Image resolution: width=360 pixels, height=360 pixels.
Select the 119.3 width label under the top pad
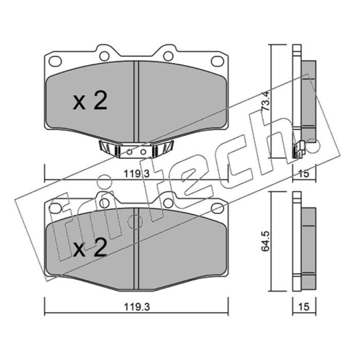pyautogui.click(x=137, y=174)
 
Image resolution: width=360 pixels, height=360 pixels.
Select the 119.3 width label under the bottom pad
pyautogui.click(x=137, y=307)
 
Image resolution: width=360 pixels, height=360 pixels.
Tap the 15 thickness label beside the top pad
pyautogui.click(x=304, y=174)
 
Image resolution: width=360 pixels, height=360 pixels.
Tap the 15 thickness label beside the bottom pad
pyautogui.click(x=304, y=307)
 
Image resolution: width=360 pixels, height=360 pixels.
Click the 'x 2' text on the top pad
pyautogui.click(x=90, y=100)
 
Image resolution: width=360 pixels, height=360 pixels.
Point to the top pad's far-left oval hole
pyautogui.click(x=55, y=61)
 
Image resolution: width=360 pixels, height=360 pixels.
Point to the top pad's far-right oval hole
pyautogui.click(x=217, y=61)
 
